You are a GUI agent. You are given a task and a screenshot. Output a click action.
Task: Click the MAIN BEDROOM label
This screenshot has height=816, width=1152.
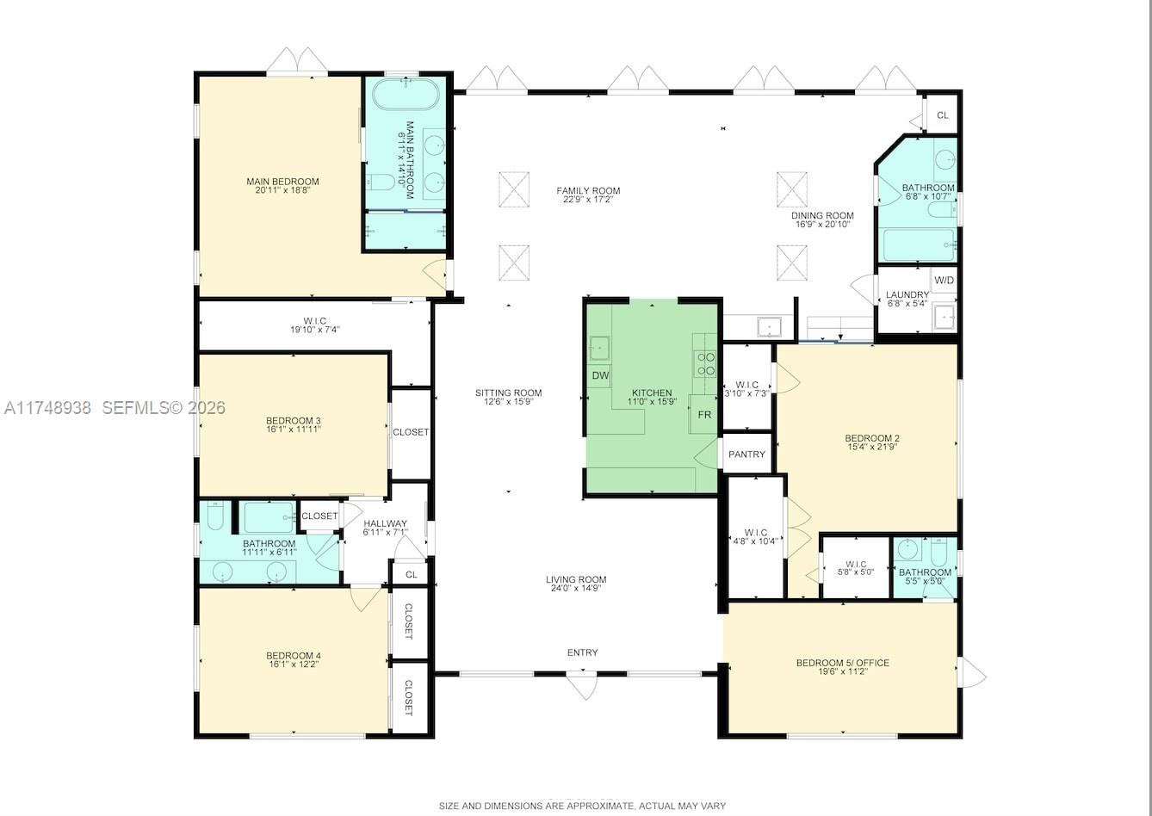(282, 181)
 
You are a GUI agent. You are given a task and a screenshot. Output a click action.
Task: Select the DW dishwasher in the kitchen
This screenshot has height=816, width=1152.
(600, 375)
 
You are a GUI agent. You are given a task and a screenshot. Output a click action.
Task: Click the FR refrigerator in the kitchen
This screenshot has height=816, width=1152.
(704, 415)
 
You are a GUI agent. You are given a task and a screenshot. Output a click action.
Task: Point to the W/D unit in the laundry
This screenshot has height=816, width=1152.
(944, 281)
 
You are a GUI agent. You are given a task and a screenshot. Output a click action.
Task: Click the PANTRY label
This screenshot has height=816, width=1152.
(746, 454)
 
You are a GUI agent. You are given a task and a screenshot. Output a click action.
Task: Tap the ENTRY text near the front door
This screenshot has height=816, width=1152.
(582, 652)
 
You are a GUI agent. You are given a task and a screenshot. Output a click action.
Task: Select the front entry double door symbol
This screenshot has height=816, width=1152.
(581, 684)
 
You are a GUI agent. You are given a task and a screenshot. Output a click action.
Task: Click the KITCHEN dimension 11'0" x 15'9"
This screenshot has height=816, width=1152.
(652, 401)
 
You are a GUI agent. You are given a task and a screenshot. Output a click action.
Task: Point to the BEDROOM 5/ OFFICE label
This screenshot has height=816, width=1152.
(842, 663)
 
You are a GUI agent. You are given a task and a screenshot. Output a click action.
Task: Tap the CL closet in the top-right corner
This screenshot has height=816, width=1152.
(943, 114)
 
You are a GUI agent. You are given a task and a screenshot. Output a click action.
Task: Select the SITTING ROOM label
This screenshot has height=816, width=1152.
(508, 393)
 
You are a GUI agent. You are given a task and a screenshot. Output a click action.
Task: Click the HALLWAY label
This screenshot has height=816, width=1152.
(385, 523)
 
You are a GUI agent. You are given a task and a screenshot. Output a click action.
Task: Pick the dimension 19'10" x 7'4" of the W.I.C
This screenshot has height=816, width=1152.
(314, 330)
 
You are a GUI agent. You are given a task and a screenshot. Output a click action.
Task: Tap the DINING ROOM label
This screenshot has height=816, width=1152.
(822, 216)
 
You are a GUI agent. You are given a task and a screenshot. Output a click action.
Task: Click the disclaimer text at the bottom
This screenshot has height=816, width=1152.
(582, 807)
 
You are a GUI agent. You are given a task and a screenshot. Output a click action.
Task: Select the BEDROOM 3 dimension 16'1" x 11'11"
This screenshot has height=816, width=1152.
(293, 429)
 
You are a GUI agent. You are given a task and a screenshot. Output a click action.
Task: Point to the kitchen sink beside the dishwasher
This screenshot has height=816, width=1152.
(599, 349)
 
